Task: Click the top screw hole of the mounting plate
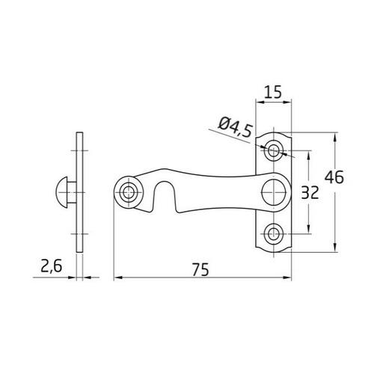(275, 151)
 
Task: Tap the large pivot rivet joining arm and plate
(275, 191)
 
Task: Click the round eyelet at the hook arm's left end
(131, 192)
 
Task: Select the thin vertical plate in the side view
(80, 192)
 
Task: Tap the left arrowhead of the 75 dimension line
(117, 278)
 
